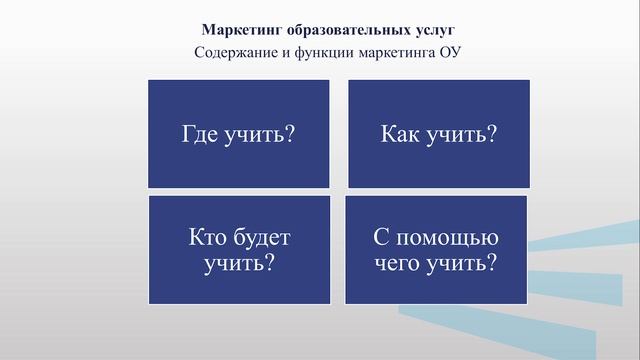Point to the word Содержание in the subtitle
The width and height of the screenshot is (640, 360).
(238, 52)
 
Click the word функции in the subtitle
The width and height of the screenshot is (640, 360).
(322, 52)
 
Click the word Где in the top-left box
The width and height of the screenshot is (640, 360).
(201, 135)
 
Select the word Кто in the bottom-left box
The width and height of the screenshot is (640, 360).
(208, 240)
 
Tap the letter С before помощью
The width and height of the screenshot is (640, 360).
(380, 240)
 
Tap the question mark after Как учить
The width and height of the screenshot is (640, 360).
(493, 135)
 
